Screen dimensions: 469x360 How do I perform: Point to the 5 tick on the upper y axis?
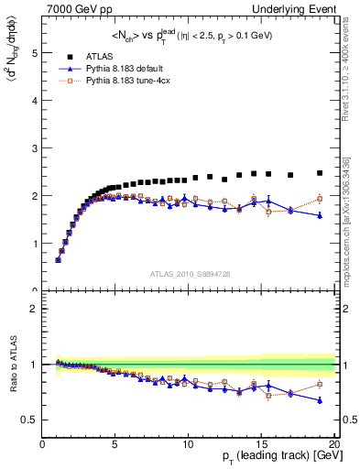[34, 53]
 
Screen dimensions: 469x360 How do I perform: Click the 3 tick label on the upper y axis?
[34, 148]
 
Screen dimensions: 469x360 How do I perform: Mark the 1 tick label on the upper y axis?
[34, 244]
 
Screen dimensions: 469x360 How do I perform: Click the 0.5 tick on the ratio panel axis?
[28, 420]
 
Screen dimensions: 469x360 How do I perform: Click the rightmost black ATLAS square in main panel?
[320, 173]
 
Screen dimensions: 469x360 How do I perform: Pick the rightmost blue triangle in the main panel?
[320, 215]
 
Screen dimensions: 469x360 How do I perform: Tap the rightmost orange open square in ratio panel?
[320, 384]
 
